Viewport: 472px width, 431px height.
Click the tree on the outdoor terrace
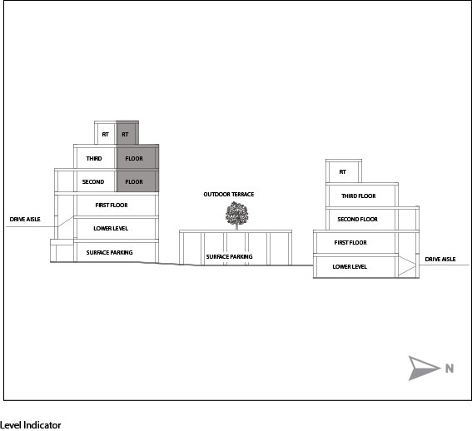237,215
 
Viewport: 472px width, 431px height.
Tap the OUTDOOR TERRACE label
229,195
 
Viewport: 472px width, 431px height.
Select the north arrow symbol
423,368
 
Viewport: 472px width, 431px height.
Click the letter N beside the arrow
450,369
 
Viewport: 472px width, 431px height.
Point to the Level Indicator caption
31,425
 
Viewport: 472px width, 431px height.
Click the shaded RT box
127,133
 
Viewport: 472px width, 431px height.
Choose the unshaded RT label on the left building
105,135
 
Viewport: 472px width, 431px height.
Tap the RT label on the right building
343,172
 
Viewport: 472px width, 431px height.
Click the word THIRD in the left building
94,159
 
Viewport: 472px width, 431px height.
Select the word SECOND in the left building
93,181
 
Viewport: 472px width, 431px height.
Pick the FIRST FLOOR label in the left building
112,206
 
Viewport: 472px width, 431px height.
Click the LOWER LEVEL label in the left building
111,229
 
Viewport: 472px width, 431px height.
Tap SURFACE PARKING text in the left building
110,252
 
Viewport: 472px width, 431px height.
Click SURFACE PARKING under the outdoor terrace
230,257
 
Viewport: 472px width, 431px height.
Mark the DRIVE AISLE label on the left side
25,220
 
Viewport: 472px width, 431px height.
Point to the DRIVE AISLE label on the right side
440,259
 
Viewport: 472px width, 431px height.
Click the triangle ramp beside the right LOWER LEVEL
407,266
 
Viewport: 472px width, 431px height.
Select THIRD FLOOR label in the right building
359,196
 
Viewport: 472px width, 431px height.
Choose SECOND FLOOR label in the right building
358,220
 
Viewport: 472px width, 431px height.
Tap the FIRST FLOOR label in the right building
350,243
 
